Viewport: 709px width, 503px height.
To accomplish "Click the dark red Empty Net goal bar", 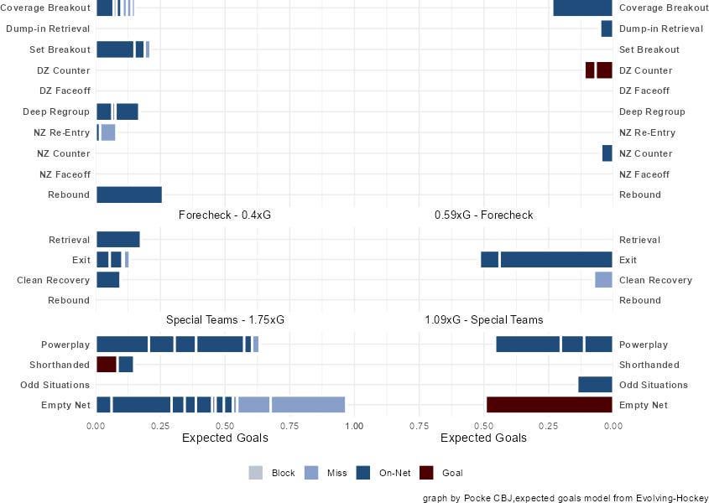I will coord(549,405).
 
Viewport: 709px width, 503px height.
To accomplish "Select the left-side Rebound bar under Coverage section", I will coord(129,194).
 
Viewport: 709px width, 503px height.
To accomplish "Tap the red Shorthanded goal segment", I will coord(107,365).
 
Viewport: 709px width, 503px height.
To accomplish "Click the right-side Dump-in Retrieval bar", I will coord(607,29).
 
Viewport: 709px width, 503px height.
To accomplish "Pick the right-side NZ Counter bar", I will coord(607,153).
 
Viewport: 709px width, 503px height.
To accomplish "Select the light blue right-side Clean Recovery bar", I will coord(603,280).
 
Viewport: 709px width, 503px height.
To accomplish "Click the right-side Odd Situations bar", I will coord(595,385).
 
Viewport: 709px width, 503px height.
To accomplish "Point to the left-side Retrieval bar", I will coord(118,240).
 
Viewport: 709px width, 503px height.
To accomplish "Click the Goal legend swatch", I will coord(426,473).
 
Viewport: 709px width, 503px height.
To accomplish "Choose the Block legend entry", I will coord(283,473).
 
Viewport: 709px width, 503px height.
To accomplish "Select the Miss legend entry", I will coord(336,473).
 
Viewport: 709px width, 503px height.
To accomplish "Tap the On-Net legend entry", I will coord(394,473).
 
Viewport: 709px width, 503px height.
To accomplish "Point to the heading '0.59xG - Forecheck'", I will coord(483,215).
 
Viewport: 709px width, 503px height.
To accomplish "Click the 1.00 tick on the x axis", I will coord(353,425).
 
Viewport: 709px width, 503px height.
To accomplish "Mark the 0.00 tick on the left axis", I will coord(97,425).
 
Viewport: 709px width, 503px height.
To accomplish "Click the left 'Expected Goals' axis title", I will coord(225,438).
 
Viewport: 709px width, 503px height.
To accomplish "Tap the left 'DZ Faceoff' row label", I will coord(65,91).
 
